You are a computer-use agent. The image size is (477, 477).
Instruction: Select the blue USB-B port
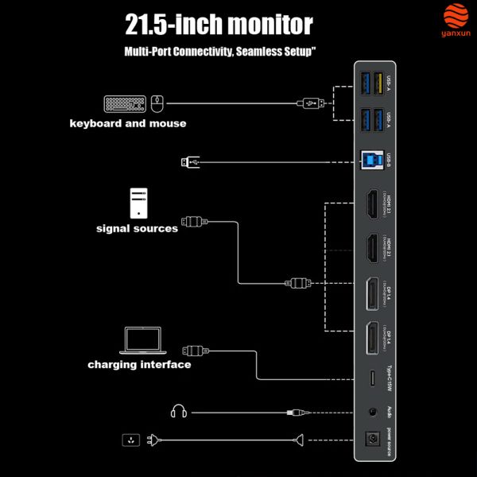point(370,160)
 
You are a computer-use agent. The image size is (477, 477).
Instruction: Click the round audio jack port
point(370,412)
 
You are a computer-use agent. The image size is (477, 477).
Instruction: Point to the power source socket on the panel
point(370,440)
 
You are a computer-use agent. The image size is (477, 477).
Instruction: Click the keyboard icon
point(125,103)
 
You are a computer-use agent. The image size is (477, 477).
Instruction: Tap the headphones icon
point(178,412)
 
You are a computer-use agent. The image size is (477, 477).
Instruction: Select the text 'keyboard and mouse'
point(128,123)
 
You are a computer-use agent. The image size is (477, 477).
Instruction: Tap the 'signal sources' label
point(137,229)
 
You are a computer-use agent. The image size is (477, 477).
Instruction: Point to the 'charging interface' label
point(139,365)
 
